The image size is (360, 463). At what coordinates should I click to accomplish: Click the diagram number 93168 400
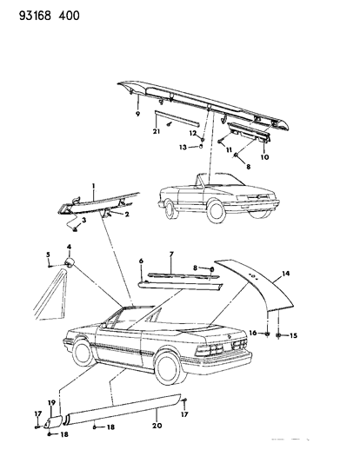pyautogui.click(x=50, y=16)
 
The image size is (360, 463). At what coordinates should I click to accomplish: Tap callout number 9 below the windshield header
pyautogui.click(x=137, y=114)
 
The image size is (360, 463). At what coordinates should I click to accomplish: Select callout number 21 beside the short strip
pyautogui.click(x=157, y=131)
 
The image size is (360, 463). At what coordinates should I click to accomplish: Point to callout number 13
pyautogui.click(x=183, y=147)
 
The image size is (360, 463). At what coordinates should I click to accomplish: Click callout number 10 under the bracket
pyautogui.click(x=265, y=156)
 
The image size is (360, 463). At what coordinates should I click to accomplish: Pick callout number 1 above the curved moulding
pyautogui.click(x=93, y=186)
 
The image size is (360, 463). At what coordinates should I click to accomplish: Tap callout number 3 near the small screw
pyautogui.click(x=84, y=220)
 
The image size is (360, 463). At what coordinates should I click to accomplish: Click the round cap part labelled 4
pyautogui.click(x=70, y=262)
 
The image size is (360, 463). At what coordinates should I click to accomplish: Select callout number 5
pyautogui.click(x=48, y=255)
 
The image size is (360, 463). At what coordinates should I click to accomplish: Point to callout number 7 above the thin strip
pyautogui.click(x=171, y=254)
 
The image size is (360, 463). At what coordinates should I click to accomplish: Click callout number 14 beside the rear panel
pyautogui.click(x=285, y=274)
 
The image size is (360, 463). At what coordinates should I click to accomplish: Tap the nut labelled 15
pyautogui.click(x=279, y=335)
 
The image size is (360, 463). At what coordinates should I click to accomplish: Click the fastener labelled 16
pyautogui.click(x=267, y=334)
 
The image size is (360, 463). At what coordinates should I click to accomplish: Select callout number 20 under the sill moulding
pyautogui.click(x=157, y=426)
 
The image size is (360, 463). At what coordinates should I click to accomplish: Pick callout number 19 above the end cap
pyautogui.click(x=51, y=402)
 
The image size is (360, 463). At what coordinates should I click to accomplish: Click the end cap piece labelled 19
pyautogui.click(x=54, y=420)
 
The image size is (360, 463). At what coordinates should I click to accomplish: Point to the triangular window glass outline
pyautogui.click(x=50, y=295)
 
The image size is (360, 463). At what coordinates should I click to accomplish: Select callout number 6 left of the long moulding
pyautogui.click(x=141, y=261)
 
